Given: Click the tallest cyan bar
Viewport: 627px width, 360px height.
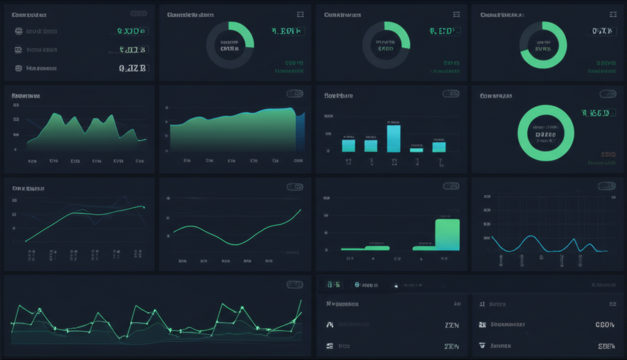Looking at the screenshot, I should (x=394, y=138).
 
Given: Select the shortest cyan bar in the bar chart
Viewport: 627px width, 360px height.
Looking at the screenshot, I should (x=416, y=149).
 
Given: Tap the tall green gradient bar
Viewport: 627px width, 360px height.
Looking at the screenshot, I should (x=447, y=234).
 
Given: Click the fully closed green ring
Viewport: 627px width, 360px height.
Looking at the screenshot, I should (x=546, y=133).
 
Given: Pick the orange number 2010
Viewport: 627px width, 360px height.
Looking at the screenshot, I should (x=608, y=154).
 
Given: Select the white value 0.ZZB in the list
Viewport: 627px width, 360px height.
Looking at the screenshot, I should (x=132, y=69).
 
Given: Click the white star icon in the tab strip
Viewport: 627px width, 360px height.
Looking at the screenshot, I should (x=396, y=286).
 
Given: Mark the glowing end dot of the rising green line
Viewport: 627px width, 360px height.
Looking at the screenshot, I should (x=143, y=208).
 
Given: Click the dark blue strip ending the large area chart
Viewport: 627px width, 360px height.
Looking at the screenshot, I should (x=300, y=132).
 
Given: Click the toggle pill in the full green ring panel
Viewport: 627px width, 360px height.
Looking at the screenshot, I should (x=607, y=94).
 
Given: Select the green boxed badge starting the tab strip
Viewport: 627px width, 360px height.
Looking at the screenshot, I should (x=334, y=285).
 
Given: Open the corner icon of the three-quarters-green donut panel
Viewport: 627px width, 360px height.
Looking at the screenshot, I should (x=610, y=14).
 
